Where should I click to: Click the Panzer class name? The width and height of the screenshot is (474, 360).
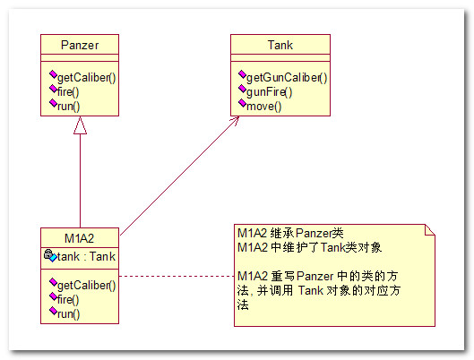pyautogui.click(x=80, y=45)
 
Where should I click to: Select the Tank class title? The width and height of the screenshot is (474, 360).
pyautogui.click(x=280, y=45)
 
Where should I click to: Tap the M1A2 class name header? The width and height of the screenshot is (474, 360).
pyautogui.click(x=80, y=238)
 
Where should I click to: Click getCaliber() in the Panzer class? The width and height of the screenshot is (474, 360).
pyautogui.click(x=86, y=78)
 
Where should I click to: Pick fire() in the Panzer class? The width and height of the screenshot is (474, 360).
pyautogui.click(x=68, y=92)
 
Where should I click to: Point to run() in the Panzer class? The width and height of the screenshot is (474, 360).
pyautogui.click(x=69, y=107)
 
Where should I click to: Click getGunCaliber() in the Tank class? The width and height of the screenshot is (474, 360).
pyautogui.click(x=287, y=78)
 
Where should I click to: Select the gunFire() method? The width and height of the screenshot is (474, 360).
pyautogui.click(x=270, y=92)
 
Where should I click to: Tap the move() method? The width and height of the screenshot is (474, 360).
pyautogui.click(x=264, y=107)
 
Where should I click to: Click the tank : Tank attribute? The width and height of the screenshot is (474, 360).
pyautogui.click(x=86, y=256)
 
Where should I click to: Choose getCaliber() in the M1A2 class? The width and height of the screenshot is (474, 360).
pyautogui.click(x=86, y=285)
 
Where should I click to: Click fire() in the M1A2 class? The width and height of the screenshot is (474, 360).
pyautogui.click(x=68, y=300)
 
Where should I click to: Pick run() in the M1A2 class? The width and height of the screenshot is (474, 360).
pyautogui.click(x=69, y=314)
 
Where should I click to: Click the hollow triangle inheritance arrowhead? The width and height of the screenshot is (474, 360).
pyautogui.click(x=80, y=125)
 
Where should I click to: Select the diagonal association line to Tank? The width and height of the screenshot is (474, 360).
pyautogui.click(x=179, y=176)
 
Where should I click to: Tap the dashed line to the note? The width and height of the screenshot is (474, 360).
pyautogui.click(x=177, y=276)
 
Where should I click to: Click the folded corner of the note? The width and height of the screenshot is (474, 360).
pyautogui.click(x=430, y=229)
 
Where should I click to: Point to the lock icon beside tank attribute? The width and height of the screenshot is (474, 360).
pyautogui.click(x=47, y=253)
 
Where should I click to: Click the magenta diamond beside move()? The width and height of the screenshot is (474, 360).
pyautogui.click(x=242, y=103)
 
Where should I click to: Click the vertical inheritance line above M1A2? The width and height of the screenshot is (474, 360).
pyautogui.click(x=80, y=181)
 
